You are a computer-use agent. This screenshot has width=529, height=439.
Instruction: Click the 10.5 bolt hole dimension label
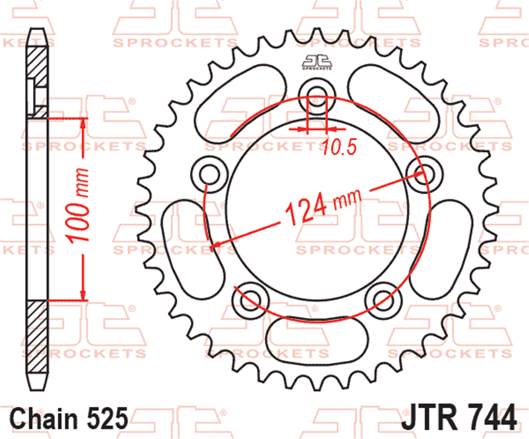pos(339,147)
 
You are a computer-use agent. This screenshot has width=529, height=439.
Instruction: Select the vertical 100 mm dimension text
pos(78,205)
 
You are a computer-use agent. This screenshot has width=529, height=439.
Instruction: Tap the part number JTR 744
pos(459,418)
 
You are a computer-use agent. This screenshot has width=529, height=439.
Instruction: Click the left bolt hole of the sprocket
pos(210,174)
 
